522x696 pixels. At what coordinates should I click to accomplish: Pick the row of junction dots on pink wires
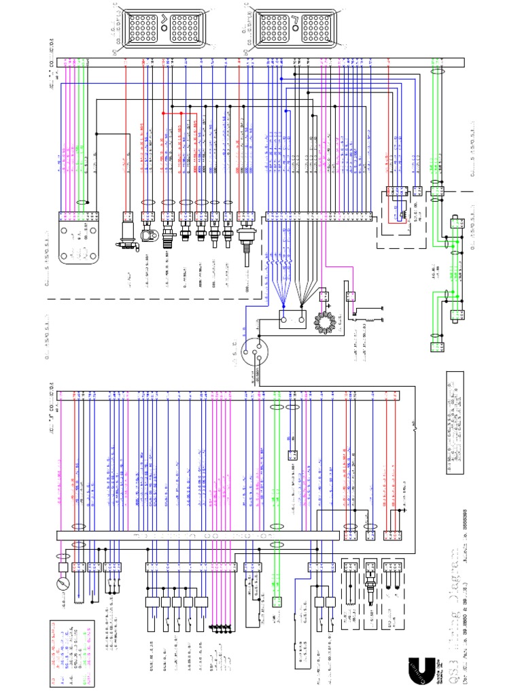point(220,626)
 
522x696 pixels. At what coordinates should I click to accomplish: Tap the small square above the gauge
point(63,565)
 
